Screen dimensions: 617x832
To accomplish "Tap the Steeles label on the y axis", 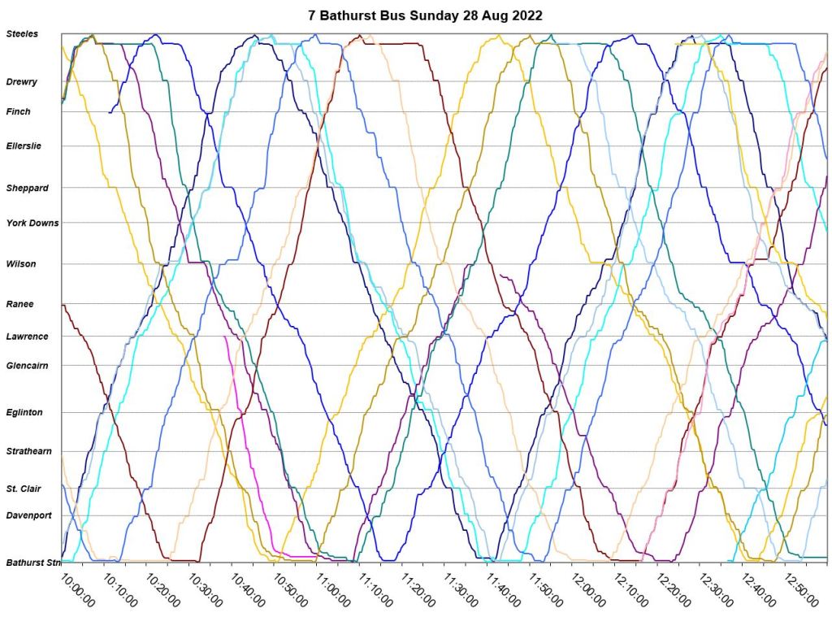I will [x=22, y=34].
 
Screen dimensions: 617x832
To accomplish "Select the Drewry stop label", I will [x=22, y=82].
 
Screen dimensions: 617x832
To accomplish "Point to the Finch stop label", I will [x=19, y=112].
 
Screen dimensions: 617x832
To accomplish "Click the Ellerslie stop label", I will [x=24, y=146].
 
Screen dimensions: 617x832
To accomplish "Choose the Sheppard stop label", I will [x=27, y=188].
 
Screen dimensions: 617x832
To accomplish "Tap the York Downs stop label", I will [x=32, y=223].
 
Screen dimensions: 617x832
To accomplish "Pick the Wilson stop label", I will [x=21, y=264].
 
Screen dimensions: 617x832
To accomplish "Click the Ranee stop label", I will [x=19, y=304].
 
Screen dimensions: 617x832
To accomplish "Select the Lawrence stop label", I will [x=27, y=337].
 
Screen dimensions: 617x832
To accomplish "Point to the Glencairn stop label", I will [x=27, y=366].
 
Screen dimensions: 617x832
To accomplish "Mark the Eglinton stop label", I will [x=24, y=413].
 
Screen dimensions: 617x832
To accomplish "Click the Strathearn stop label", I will [x=28, y=451].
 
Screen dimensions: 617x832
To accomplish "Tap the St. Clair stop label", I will [x=24, y=489].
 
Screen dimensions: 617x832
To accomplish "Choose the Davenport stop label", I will [x=28, y=515].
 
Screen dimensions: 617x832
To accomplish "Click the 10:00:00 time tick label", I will [x=79, y=589].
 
